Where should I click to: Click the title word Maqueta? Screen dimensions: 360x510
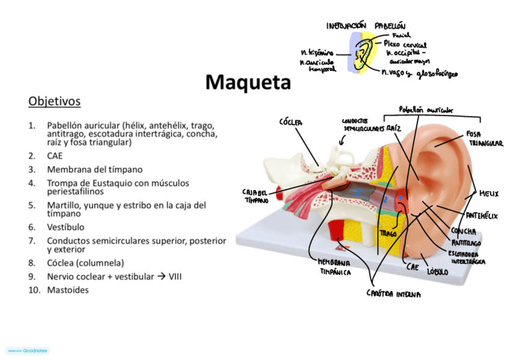pyautogui.click(x=248, y=82)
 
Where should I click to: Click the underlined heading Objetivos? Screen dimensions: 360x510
pyautogui.click(x=54, y=101)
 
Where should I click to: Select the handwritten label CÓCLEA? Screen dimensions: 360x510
pyautogui.click(x=291, y=122)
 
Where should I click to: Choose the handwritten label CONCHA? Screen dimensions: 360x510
pyautogui.click(x=463, y=231)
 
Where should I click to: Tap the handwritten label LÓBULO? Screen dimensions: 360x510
pyautogui.click(x=437, y=272)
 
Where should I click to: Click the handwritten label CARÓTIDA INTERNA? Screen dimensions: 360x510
pyautogui.click(x=393, y=294)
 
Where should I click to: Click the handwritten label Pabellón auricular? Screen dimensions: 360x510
pyautogui.click(x=426, y=110)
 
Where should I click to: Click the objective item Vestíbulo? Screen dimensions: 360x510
pyautogui.click(x=66, y=227)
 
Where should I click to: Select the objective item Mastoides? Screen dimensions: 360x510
pyautogui.click(x=67, y=290)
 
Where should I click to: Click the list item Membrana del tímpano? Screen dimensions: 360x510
pyautogui.click(x=94, y=169)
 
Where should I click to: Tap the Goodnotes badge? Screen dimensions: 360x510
pyautogui.click(x=28, y=350)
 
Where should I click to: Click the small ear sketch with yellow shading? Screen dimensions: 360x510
pyautogui.click(x=363, y=52)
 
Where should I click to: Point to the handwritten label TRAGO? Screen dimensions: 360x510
pyautogui.click(x=388, y=233)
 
